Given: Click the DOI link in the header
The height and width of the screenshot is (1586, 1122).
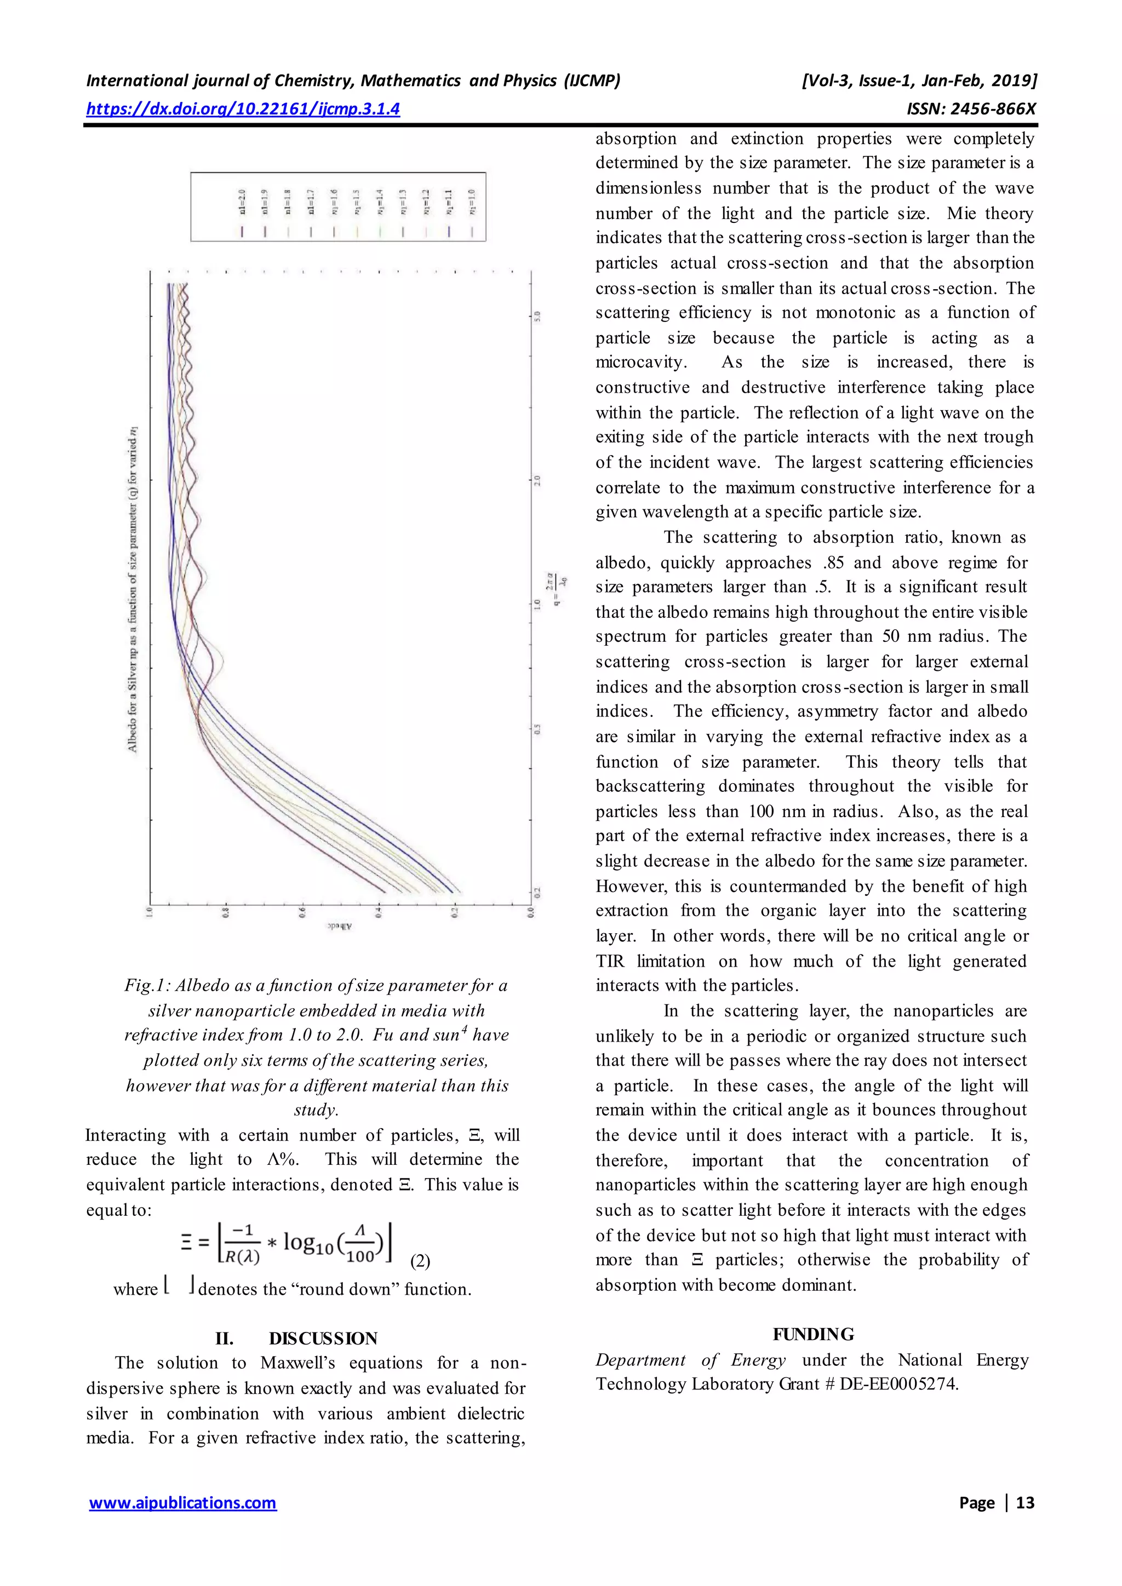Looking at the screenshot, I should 243,108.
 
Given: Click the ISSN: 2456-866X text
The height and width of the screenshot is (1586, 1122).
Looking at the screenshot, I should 971,109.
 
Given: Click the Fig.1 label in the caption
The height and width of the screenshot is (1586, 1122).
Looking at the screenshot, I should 146,986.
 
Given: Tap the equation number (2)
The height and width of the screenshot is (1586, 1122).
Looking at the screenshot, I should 420,1261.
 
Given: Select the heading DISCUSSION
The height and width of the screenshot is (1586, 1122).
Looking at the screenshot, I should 323,1338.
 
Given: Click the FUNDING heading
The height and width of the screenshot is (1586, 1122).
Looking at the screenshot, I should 813,1335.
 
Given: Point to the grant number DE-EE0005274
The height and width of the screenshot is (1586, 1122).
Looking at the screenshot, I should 899,1384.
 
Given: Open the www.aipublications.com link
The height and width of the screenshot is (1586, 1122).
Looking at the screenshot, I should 183,1502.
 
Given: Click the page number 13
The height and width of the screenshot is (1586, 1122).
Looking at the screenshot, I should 1025,1502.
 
